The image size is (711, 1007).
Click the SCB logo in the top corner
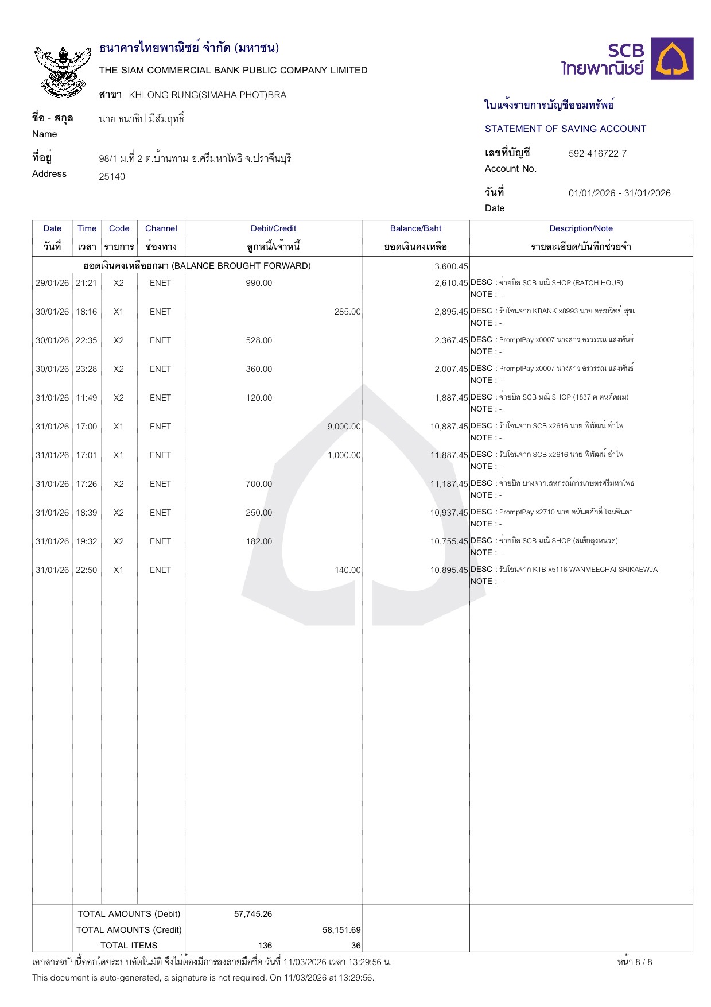(627, 59)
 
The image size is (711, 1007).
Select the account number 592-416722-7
(597, 153)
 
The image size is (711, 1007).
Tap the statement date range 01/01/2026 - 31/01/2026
(619, 193)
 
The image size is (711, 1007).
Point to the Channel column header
(161, 228)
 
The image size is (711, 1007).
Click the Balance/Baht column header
(415, 228)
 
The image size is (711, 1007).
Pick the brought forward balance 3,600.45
(451, 266)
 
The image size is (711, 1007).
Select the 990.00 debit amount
(259, 283)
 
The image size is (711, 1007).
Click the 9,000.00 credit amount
(344, 427)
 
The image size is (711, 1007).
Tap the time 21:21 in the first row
(87, 283)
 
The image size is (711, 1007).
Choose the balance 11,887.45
(449, 455)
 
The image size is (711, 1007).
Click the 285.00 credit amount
(347, 312)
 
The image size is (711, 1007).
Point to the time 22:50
(87, 570)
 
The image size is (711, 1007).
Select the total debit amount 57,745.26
(253, 914)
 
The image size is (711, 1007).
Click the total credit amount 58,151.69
(341, 930)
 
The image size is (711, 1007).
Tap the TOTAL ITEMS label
(129, 946)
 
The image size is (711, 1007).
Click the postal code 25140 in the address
(112, 176)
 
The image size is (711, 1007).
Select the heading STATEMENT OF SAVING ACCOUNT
(565, 129)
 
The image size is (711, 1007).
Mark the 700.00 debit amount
(259, 484)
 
